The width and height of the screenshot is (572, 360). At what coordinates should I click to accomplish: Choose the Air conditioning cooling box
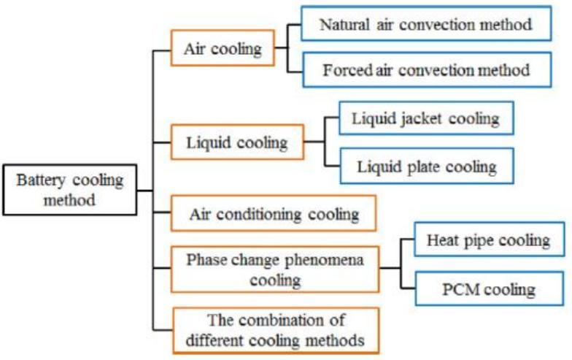[274, 215]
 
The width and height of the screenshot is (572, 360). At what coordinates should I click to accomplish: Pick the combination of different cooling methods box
[276, 329]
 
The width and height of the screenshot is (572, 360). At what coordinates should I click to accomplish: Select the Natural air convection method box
[426, 25]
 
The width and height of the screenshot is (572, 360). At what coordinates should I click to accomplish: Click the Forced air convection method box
[426, 71]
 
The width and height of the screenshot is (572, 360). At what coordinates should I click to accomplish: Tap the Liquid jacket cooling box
[427, 118]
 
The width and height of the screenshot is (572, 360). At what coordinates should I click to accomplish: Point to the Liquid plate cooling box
[427, 166]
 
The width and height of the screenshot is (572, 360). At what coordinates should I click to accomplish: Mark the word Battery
[43, 180]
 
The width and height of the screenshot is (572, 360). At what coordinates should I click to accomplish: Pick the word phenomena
[323, 260]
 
